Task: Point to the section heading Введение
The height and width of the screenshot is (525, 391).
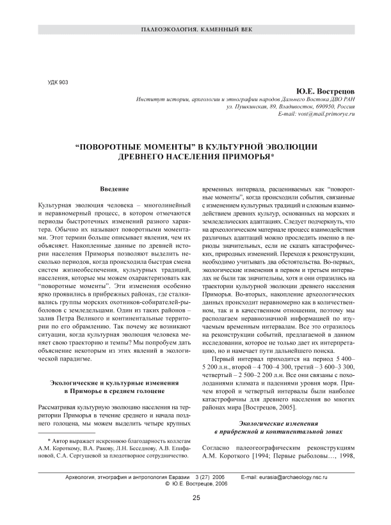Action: click(x=115, y=191)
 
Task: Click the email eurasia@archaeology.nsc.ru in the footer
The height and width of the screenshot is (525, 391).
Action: click(x=282, y=478)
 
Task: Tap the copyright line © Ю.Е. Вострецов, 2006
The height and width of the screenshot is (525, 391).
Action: click(x=196, y=485)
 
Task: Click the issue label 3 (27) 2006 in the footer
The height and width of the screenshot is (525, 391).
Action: click(x=209, y=478)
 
